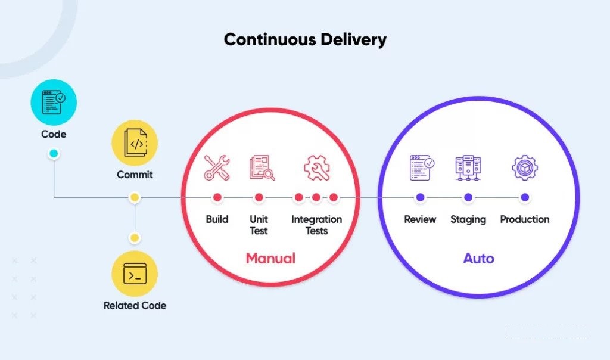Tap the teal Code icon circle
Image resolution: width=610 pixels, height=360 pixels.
54,103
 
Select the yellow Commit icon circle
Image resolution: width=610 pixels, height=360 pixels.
135,143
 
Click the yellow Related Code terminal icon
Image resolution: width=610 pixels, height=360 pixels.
135,274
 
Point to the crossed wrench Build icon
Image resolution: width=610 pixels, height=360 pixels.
217,167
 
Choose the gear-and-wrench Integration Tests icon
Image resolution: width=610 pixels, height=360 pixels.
317,167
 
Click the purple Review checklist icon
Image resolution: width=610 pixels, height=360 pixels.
422,167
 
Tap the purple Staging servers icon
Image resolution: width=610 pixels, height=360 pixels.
468,167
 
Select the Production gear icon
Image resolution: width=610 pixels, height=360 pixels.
525,167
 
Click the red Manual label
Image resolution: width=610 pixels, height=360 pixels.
271,259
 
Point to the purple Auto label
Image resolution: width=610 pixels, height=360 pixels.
478,259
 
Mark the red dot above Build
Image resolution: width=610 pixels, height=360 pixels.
217,198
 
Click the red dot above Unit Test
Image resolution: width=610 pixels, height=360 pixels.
259,198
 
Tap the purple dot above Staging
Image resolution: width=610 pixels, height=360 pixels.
468,198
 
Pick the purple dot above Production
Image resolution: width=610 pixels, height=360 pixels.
525,198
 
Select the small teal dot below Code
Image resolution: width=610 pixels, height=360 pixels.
54,153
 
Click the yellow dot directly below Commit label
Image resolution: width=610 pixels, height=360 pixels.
135,198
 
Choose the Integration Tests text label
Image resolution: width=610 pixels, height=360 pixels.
317,225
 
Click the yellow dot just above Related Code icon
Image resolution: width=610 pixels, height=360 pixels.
135,238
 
